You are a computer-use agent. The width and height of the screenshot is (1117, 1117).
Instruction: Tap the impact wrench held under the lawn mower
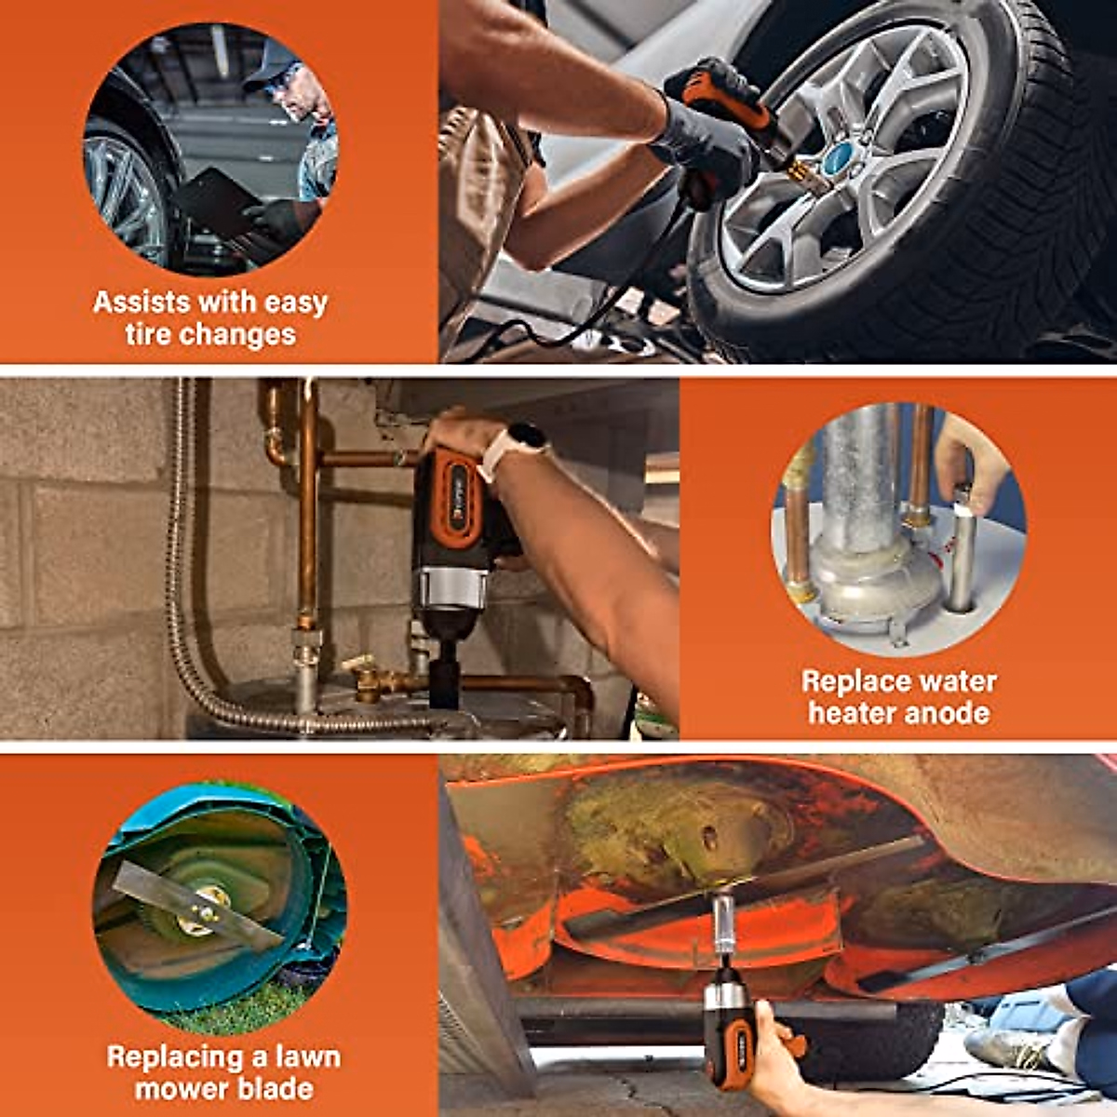[728, 1029]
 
